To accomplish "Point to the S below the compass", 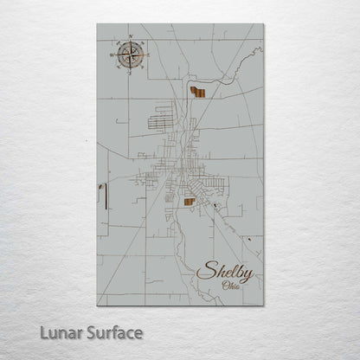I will [128, 73].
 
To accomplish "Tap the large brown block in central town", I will [189, 202].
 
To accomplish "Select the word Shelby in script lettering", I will [226, 273].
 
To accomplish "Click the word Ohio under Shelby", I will [231, 287].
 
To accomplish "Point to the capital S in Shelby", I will [205, 272].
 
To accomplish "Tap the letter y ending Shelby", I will [248, 275].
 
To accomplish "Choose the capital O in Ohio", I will [225, 287].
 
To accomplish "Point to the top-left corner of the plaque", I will [98, 24].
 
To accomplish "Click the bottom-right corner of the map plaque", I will [262, 305].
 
